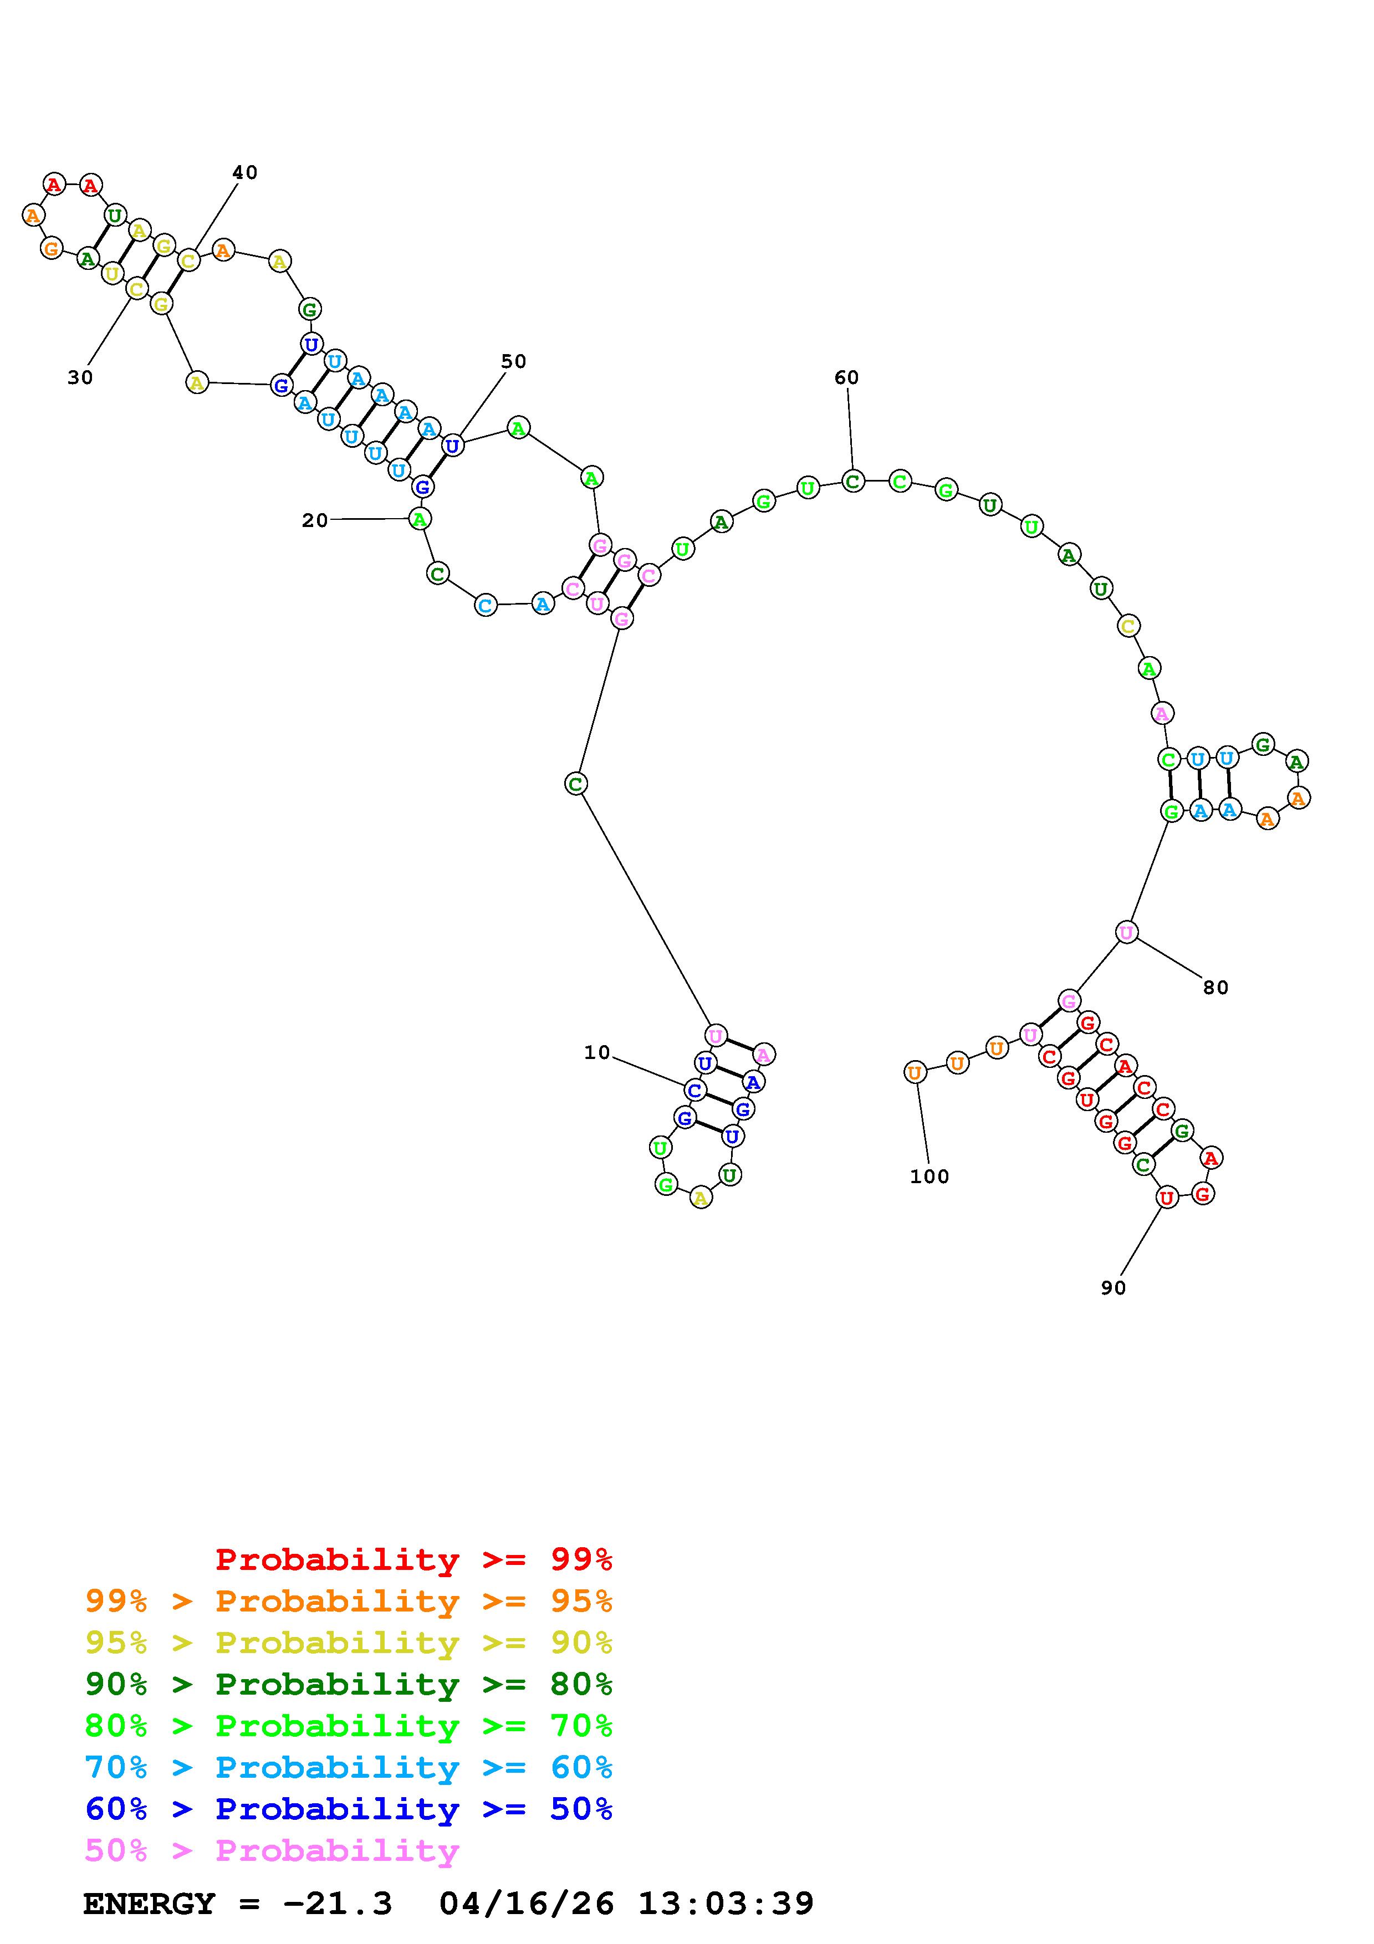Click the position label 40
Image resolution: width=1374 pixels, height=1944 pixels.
244,173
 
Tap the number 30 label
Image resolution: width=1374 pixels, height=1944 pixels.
80,377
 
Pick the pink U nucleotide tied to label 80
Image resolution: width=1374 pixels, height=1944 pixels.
1126,932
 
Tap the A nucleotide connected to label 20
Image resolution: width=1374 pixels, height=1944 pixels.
419,518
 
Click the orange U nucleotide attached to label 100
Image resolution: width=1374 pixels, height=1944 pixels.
915,1073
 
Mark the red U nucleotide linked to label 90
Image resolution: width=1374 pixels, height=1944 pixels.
1167,1197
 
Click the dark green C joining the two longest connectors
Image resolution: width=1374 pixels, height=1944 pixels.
576,784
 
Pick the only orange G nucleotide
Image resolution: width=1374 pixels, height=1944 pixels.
52,249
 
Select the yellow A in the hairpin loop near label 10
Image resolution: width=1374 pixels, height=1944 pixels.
700,1197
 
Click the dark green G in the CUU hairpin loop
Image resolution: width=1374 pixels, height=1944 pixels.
1263,744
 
